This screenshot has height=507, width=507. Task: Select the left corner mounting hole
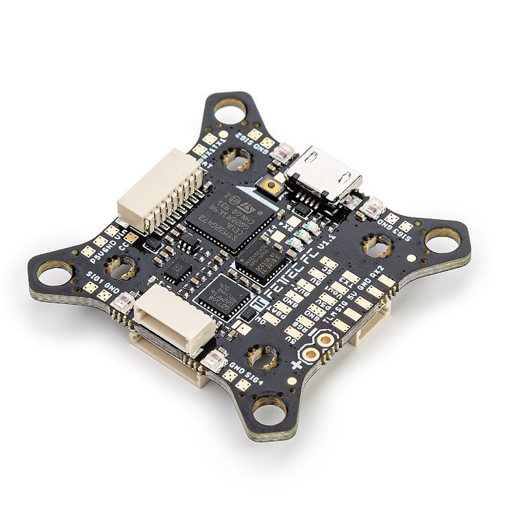click(x=53, y=273)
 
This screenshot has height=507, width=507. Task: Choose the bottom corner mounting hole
click(x=269, y=410)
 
